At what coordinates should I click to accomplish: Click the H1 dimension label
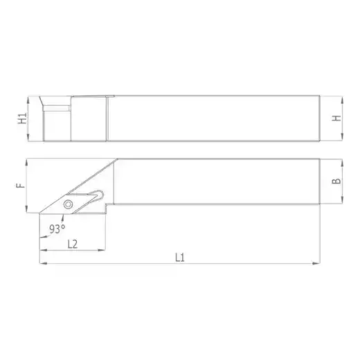[23, 118]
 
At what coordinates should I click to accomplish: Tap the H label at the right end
[336, 118]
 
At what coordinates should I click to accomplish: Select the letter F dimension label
[21, 186]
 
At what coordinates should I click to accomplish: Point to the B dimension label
[336, 181]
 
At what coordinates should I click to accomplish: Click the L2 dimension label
[73, 244]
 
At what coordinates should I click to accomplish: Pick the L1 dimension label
[180, 258]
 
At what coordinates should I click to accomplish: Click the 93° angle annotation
[57, 229]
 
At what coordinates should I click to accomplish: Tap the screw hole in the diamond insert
[68, 204]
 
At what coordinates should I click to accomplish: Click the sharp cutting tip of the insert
[39, 213]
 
